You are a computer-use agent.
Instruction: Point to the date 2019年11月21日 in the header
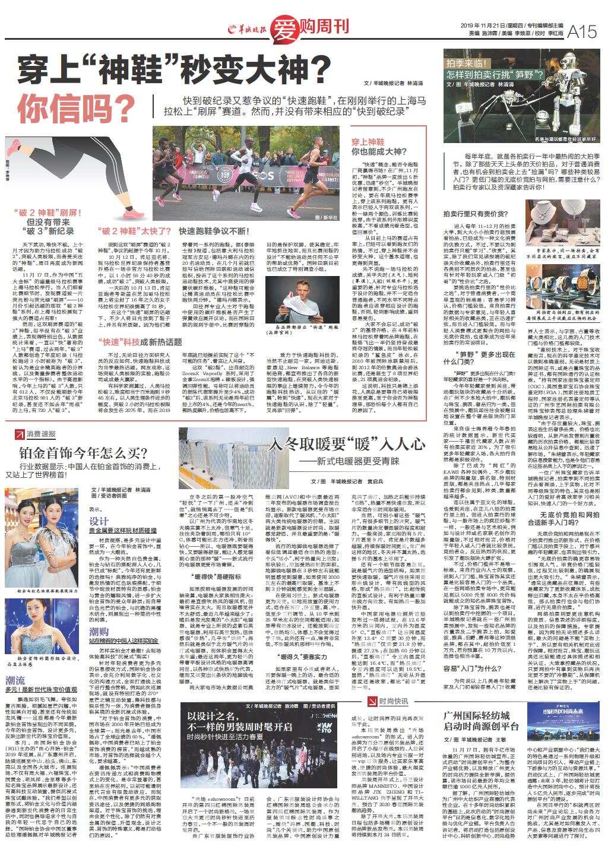pos(482,26)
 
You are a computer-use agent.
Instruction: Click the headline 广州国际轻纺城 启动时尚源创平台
pos(481,720)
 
